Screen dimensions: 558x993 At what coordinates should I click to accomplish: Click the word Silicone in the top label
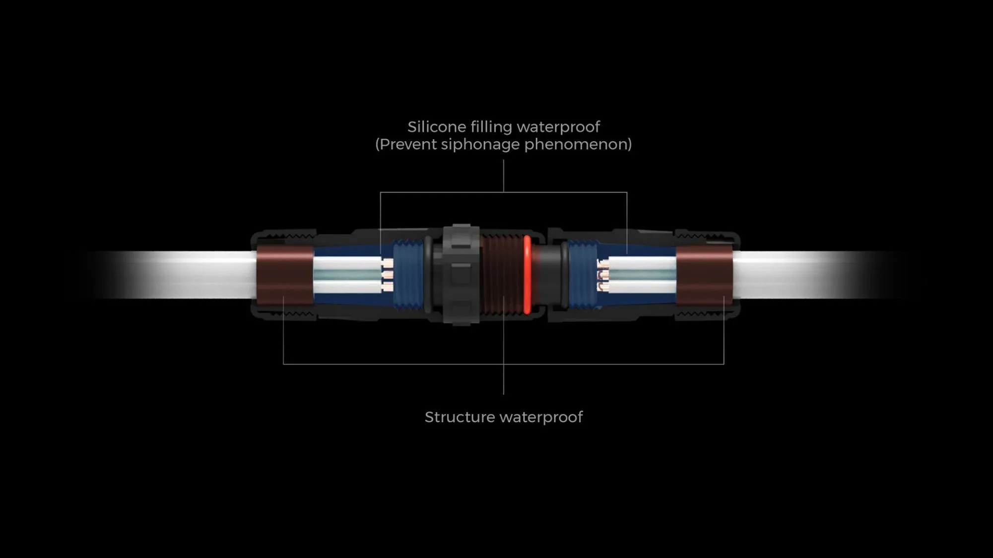tap(430, 127)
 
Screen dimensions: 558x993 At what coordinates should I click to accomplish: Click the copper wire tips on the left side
tap(388, 274)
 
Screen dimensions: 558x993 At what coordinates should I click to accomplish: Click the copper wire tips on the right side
tap(603, 274)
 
